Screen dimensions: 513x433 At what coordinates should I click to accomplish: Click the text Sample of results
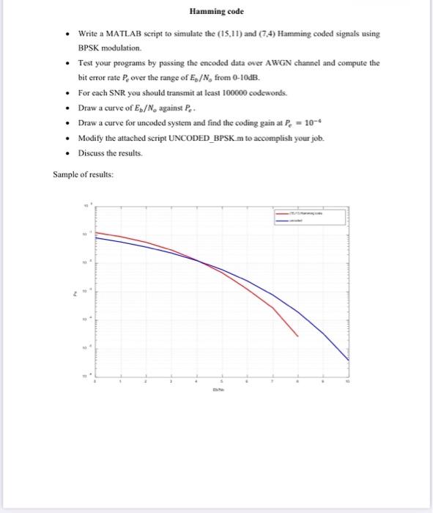point(81,174)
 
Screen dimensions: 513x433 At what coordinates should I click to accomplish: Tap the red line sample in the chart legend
point(281,213)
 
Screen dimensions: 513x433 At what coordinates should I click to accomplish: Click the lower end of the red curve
point(297,336)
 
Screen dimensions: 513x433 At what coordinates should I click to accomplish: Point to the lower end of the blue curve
point(348,360)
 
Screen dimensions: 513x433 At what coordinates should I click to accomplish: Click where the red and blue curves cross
point(199,260)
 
